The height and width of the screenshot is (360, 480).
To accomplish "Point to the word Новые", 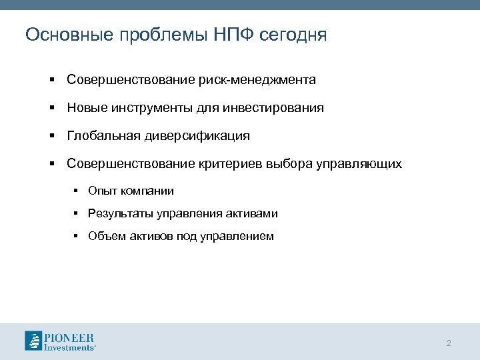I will [86, 108].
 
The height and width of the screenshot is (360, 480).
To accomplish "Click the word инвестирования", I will [279, 108].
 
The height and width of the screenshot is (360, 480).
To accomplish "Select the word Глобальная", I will [104, 136].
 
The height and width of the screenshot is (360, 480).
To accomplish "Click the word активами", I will [253, 214].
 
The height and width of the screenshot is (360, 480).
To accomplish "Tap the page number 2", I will [449, 343].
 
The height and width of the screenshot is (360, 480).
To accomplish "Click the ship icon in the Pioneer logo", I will [33, 341].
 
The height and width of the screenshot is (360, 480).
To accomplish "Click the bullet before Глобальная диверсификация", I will [51, 136].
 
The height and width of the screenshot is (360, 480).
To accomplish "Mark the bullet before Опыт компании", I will [77, 191].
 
